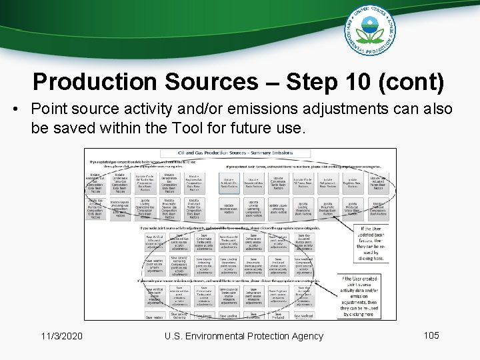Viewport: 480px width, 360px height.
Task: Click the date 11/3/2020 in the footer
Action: click(x=61, y=336)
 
